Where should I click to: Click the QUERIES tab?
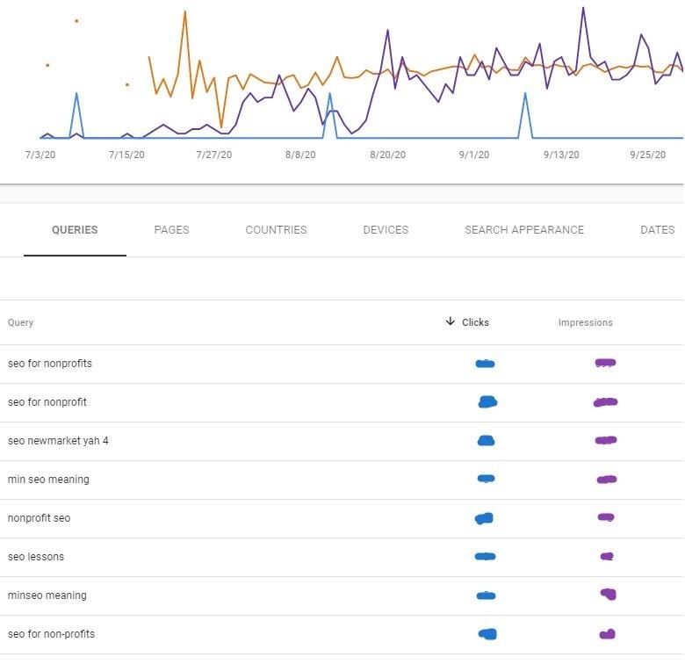[75, 230]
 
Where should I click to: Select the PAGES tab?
[171, 230]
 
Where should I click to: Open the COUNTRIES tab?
[276, 230]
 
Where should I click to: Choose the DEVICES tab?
[386, 230]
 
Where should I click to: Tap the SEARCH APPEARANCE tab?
[524, 230]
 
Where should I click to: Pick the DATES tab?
[657, 230]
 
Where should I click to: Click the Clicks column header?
[475, 322]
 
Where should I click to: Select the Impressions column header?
[585, 322]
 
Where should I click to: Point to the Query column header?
[20, 322]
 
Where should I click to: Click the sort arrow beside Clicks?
[451, 321]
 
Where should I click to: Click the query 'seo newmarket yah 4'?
[58, 441]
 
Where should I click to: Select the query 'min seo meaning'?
[48, 480]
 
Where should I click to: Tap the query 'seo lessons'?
[36, 557]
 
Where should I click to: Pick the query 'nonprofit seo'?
[39, 518]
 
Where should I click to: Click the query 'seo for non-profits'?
[51, 634]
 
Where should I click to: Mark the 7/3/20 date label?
[41, 155]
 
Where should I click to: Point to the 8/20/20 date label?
[387, 155]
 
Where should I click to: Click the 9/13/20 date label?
[561, 155]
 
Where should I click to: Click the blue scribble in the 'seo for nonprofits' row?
[485, 364]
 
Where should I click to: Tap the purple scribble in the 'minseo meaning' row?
[608, 595]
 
